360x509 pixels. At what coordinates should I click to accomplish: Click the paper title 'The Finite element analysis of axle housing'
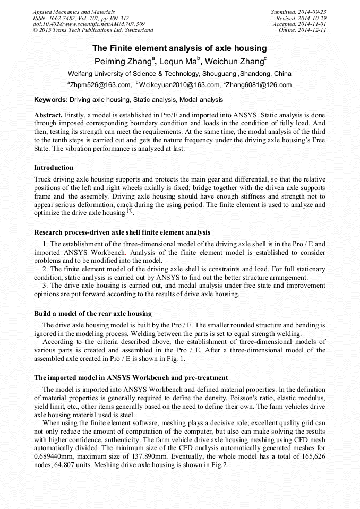(179, 48)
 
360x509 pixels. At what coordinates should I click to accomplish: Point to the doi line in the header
(89, 24)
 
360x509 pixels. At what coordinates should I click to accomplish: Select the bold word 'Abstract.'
(48, 115)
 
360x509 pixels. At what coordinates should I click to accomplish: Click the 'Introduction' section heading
(54, 168)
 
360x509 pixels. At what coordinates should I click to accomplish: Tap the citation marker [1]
(130, 211)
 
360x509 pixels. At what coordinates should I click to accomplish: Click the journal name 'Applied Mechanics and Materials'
(74, 11)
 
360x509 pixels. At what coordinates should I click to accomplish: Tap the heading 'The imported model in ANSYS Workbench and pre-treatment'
(131, 378)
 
